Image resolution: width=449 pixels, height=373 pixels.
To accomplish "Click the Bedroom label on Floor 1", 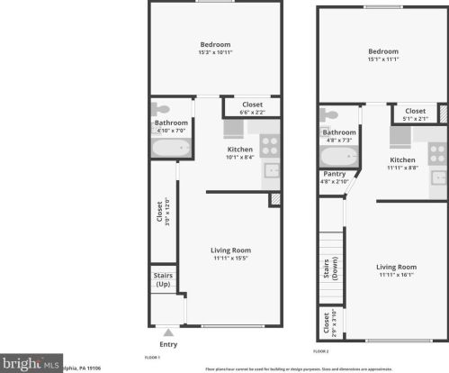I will [x=215, y=45].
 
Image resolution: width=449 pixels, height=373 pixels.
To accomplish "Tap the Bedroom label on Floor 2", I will [x=382, y=51].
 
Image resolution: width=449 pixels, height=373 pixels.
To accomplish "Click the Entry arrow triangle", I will [x=165, y=332].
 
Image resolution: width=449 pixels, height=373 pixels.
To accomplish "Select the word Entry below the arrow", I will [x=168, y=344].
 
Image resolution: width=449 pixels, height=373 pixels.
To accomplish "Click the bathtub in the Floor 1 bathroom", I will [x=171, y=147].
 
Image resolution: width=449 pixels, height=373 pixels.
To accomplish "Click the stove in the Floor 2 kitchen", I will [x=437, y=151].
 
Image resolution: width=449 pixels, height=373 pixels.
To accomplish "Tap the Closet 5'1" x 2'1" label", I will [x=415, y=114].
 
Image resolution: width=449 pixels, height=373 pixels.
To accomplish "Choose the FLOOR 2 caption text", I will [x=321, y=350].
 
